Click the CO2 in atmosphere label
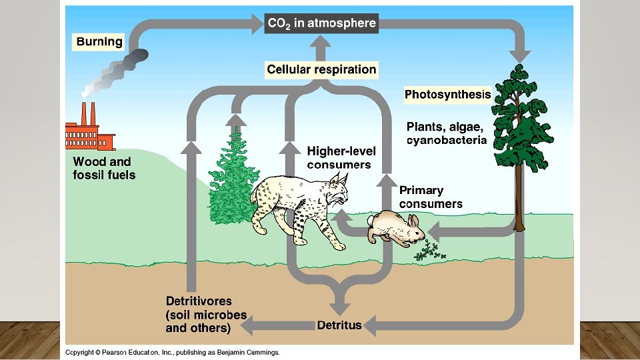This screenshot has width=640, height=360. click(x=321, y=23)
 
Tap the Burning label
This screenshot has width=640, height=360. click(x=99, y=41)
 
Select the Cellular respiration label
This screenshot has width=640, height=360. click(x=321, y=69)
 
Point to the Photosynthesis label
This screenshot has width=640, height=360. click(x=447, y=95)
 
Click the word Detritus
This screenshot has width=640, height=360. click(x=339, y=325)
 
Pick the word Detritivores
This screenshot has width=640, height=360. click(x=199, y=301)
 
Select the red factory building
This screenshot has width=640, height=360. click(x=89, y=137)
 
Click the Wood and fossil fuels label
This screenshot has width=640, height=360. click(x=104, y=168)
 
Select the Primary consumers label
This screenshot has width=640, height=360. click(x=431, y=197)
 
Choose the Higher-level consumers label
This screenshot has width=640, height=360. click(x=339, y=158)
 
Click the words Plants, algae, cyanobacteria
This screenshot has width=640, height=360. click(x=446, y=133)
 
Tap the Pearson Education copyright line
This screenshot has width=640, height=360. click(x=172, y=352)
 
